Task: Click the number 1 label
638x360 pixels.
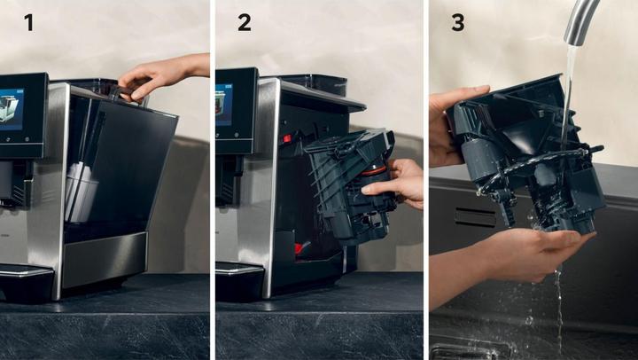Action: (x=28, y=22)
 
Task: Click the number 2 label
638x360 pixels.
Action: (x=245, y=22)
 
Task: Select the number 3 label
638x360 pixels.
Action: (x=458, y=22)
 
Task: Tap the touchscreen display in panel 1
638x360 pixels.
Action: (x=12, y=109)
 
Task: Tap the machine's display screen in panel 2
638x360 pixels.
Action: (x=224, y=105)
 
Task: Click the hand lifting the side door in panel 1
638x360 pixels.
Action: (x=163, y=75)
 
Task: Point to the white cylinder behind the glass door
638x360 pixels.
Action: (x=81, y=192)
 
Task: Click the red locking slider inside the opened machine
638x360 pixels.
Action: (x=287, y=138)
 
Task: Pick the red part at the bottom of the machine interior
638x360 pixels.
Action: (x=301, y=247)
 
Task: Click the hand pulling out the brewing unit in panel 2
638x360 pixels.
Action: (x=394, y=184)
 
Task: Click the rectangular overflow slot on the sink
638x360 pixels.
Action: (x=475, y=217)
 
